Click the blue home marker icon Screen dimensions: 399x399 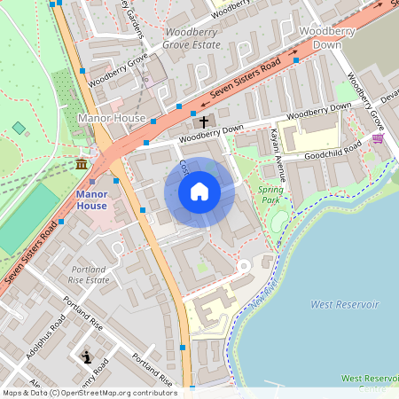(199, 192)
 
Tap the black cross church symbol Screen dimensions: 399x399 (203, 121)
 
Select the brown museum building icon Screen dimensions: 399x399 (82, 165)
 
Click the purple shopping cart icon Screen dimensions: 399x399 (378, 138)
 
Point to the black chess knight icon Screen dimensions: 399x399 (86, 357)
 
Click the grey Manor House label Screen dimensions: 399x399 (111, 117)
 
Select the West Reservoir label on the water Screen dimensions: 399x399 (344, 304)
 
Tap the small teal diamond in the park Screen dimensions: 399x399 (19, 129)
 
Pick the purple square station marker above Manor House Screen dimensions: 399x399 (93, 181)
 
